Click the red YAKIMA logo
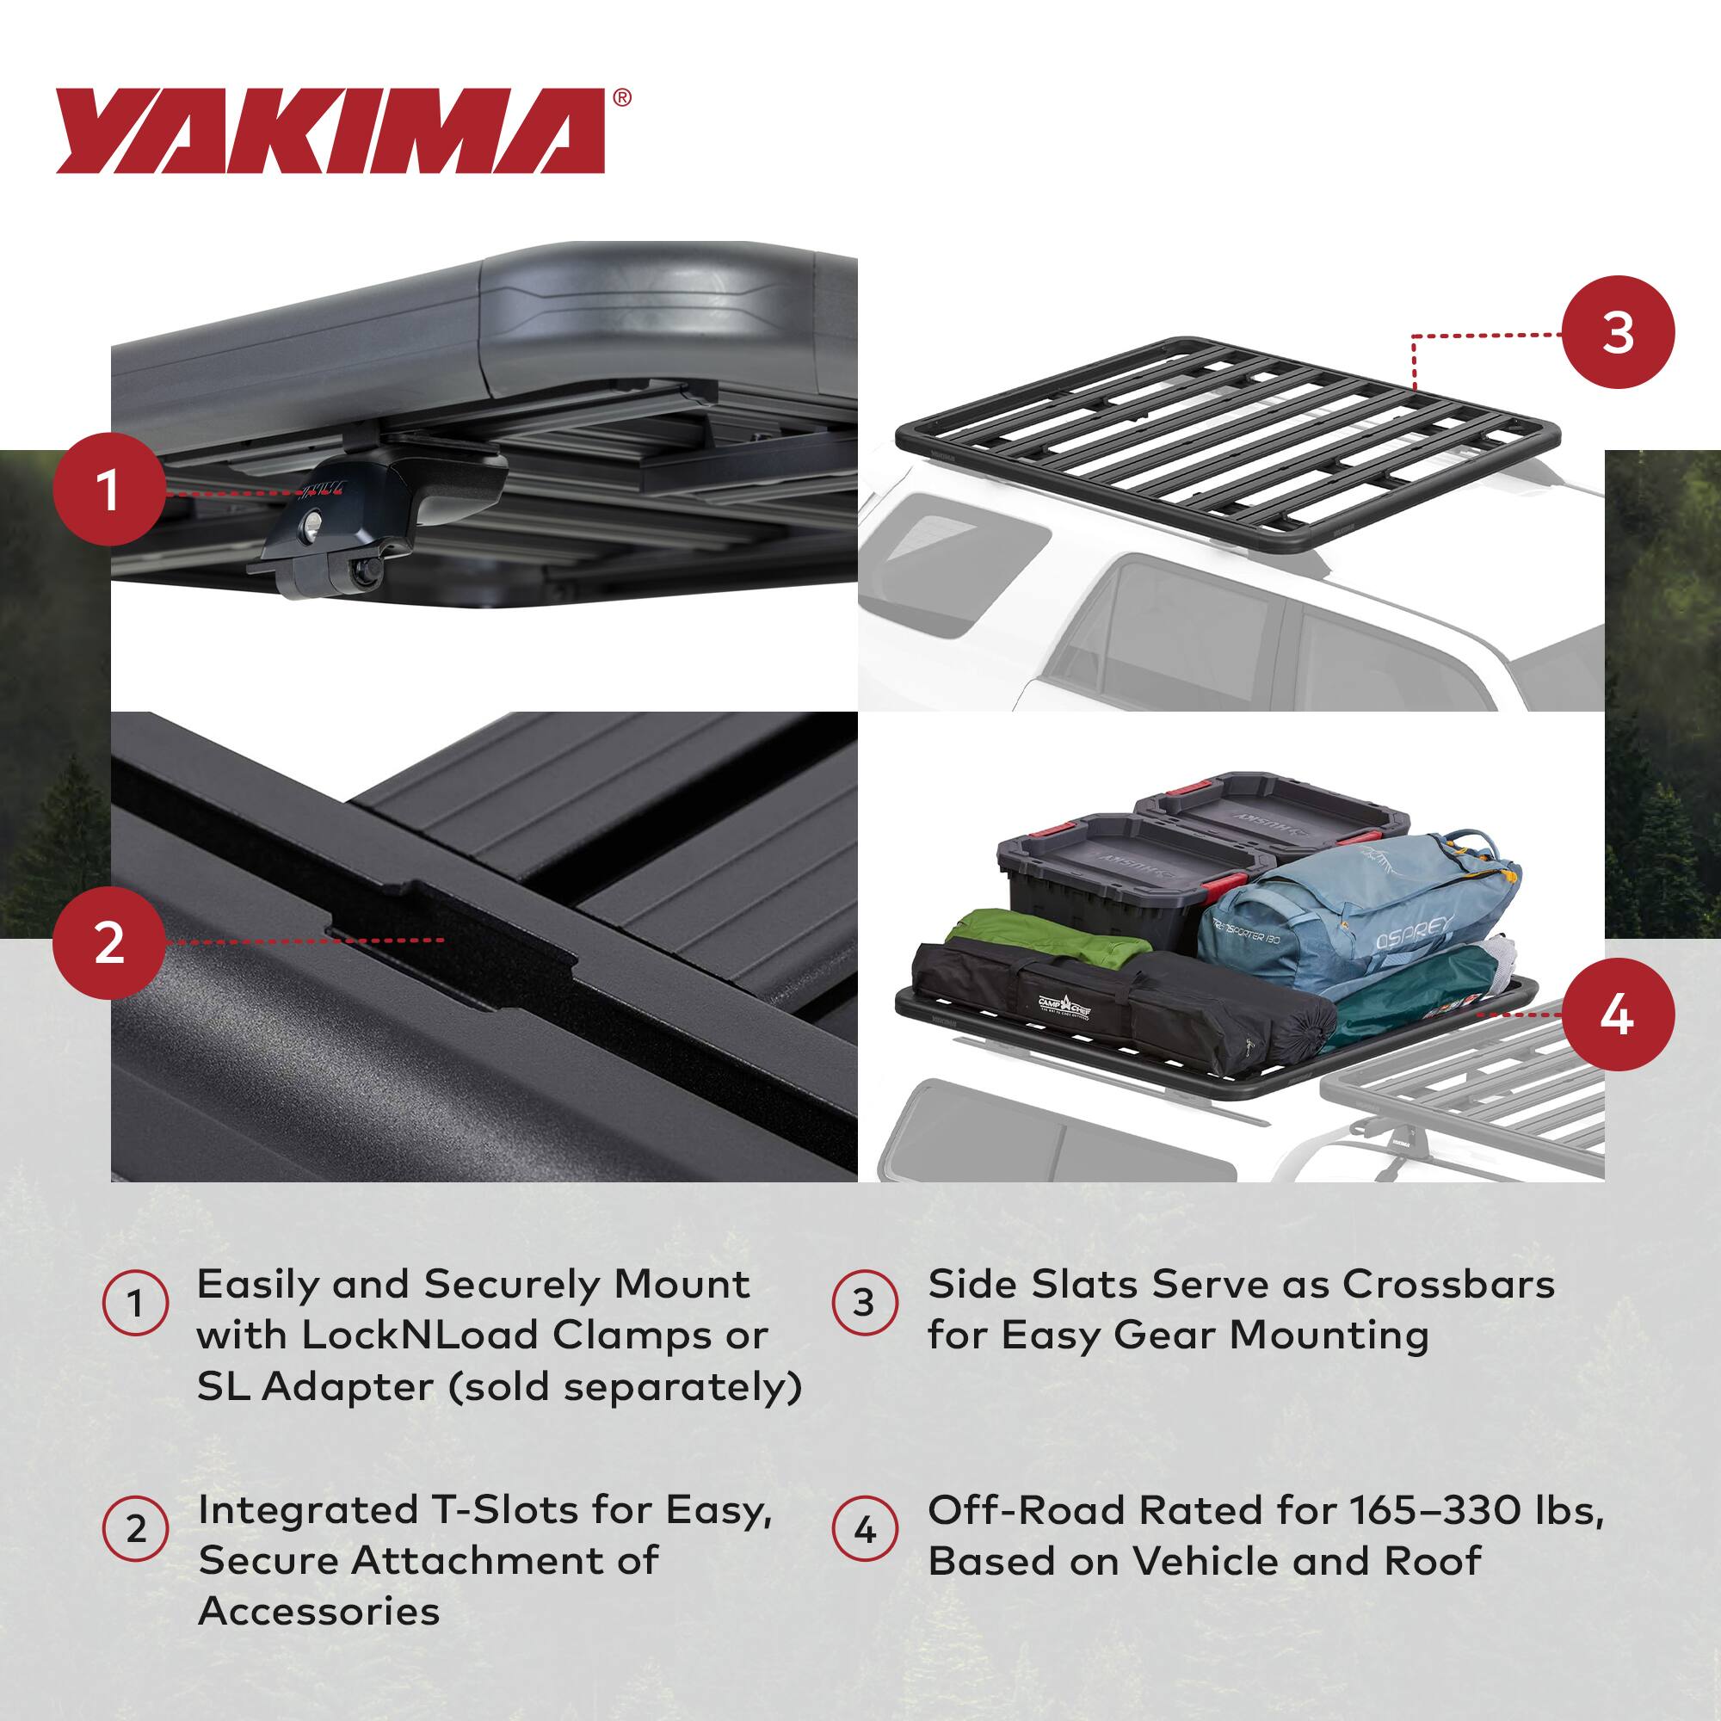point(330,130)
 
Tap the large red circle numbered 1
point(108,489)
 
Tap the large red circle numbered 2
point(108,941)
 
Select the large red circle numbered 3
point(1617,332)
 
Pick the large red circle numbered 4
point(1617,1015)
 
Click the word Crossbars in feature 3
point(1448,1284)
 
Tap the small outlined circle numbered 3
point(864,1303)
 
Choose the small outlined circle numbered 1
point(135,1303)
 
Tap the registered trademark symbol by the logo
point(623,98)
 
